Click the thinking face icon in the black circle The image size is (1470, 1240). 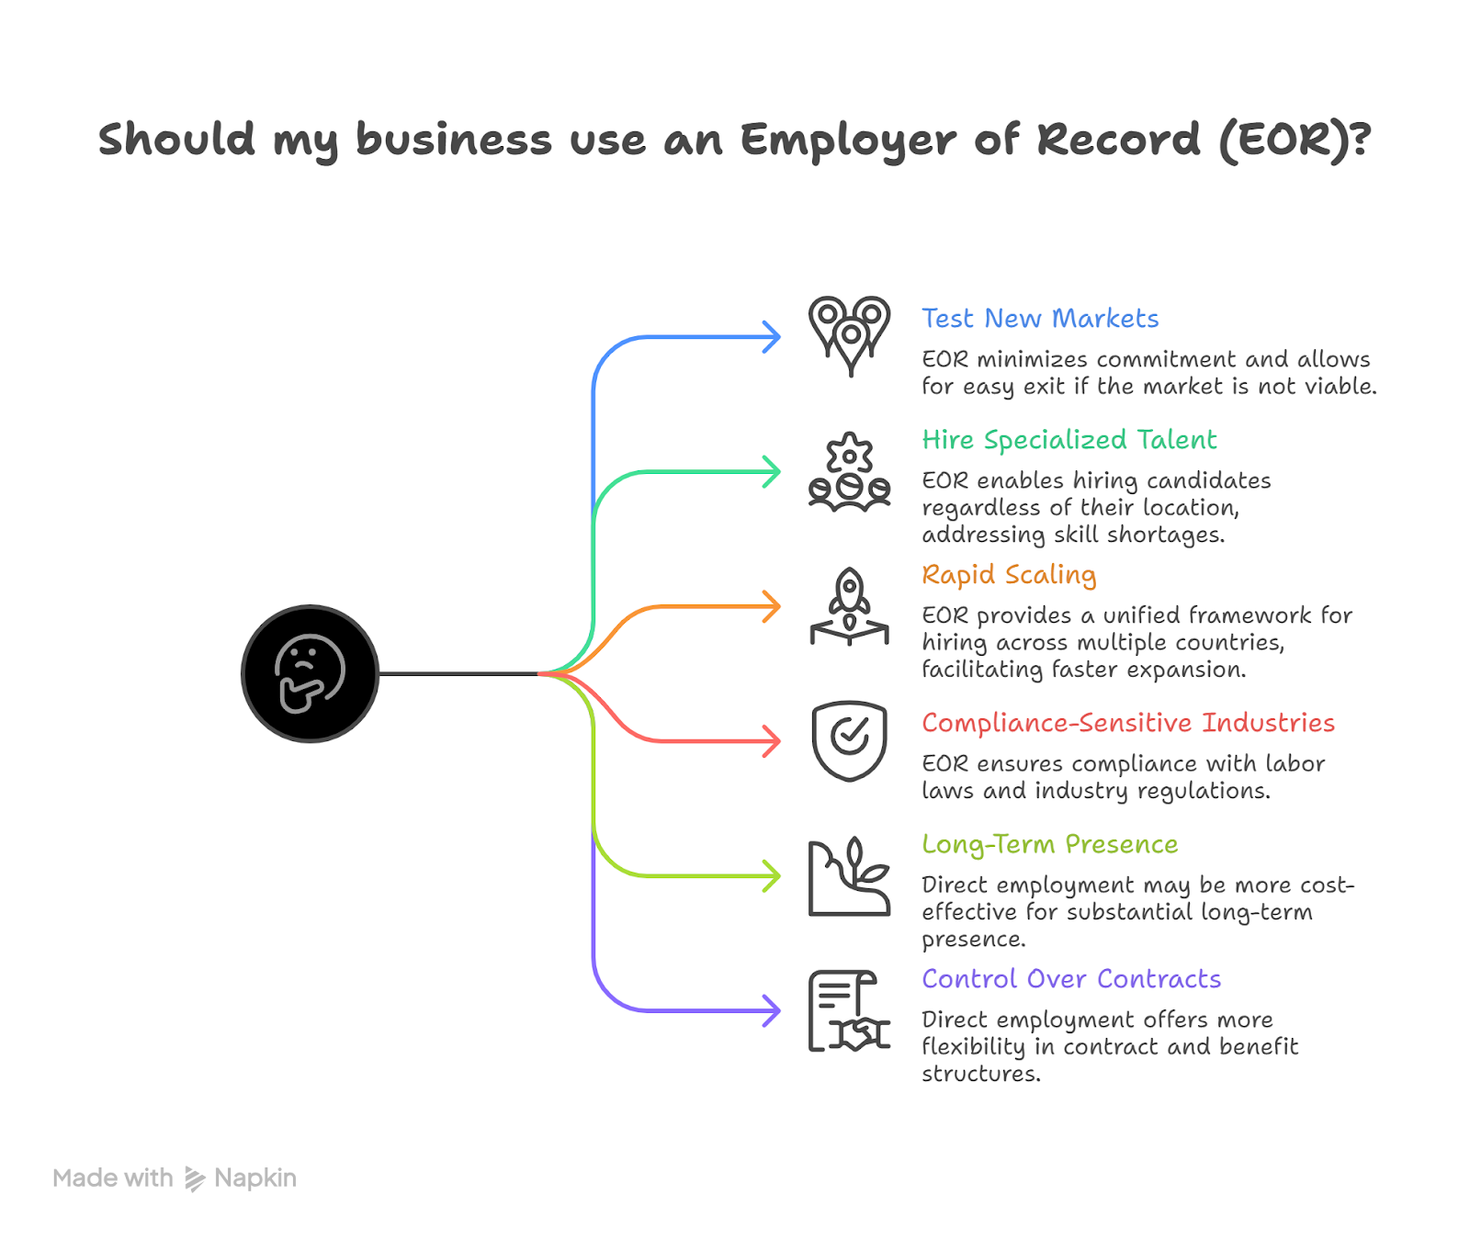(x=310, y=673)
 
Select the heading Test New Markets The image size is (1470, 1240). (x=1040, y=319)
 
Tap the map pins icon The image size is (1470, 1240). (x=849, y=334)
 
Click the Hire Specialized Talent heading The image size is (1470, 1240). (x=1069, y=440)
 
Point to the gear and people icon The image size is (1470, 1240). (x=849, y=471)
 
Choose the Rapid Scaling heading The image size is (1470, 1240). (x=1009, y=575)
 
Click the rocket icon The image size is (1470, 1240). (x=849, y=606)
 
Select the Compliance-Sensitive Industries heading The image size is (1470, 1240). (x=1128, y=723)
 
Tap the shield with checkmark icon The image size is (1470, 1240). (x=849, y=740)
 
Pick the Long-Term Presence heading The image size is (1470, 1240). (x=1049, y=844)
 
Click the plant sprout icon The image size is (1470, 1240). (x=849, y=876)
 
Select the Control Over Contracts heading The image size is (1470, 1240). (x=1071, y=979)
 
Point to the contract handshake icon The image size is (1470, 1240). (x=849, y=1010)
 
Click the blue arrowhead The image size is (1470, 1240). (x=772, y=337)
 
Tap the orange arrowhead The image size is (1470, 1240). (x=772, y=606)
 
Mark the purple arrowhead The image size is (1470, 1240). (x=772, y=1010)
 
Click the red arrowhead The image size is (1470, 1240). (x=772, y=740)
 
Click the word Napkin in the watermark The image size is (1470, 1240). (x=254, y=1178)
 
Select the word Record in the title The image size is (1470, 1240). (x=1118, y=140)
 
